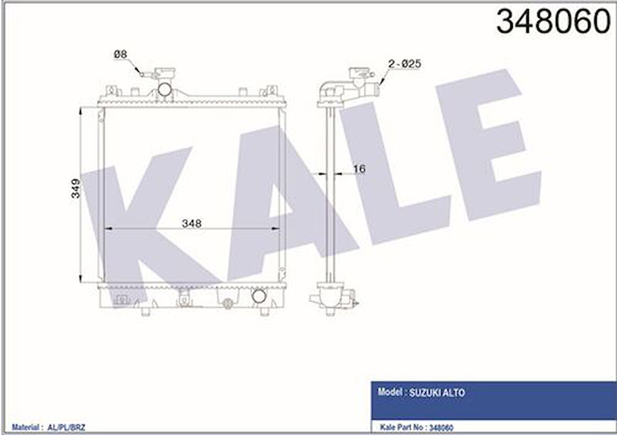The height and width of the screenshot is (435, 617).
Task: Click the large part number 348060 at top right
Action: [x=553, y=22]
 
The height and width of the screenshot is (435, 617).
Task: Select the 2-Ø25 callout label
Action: [x=404, y=64]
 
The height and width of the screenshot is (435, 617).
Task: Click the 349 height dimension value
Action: [x=76, y=188]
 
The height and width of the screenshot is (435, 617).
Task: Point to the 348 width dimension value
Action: [x=192, y=223]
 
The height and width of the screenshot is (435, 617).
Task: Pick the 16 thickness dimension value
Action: [x=359, y=169]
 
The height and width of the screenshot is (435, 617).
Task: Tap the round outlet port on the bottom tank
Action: [x=259, y=296]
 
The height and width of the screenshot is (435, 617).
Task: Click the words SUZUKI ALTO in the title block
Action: [x=437, y=392]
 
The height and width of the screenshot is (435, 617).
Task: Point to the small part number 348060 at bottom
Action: [x=441, y=428]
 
